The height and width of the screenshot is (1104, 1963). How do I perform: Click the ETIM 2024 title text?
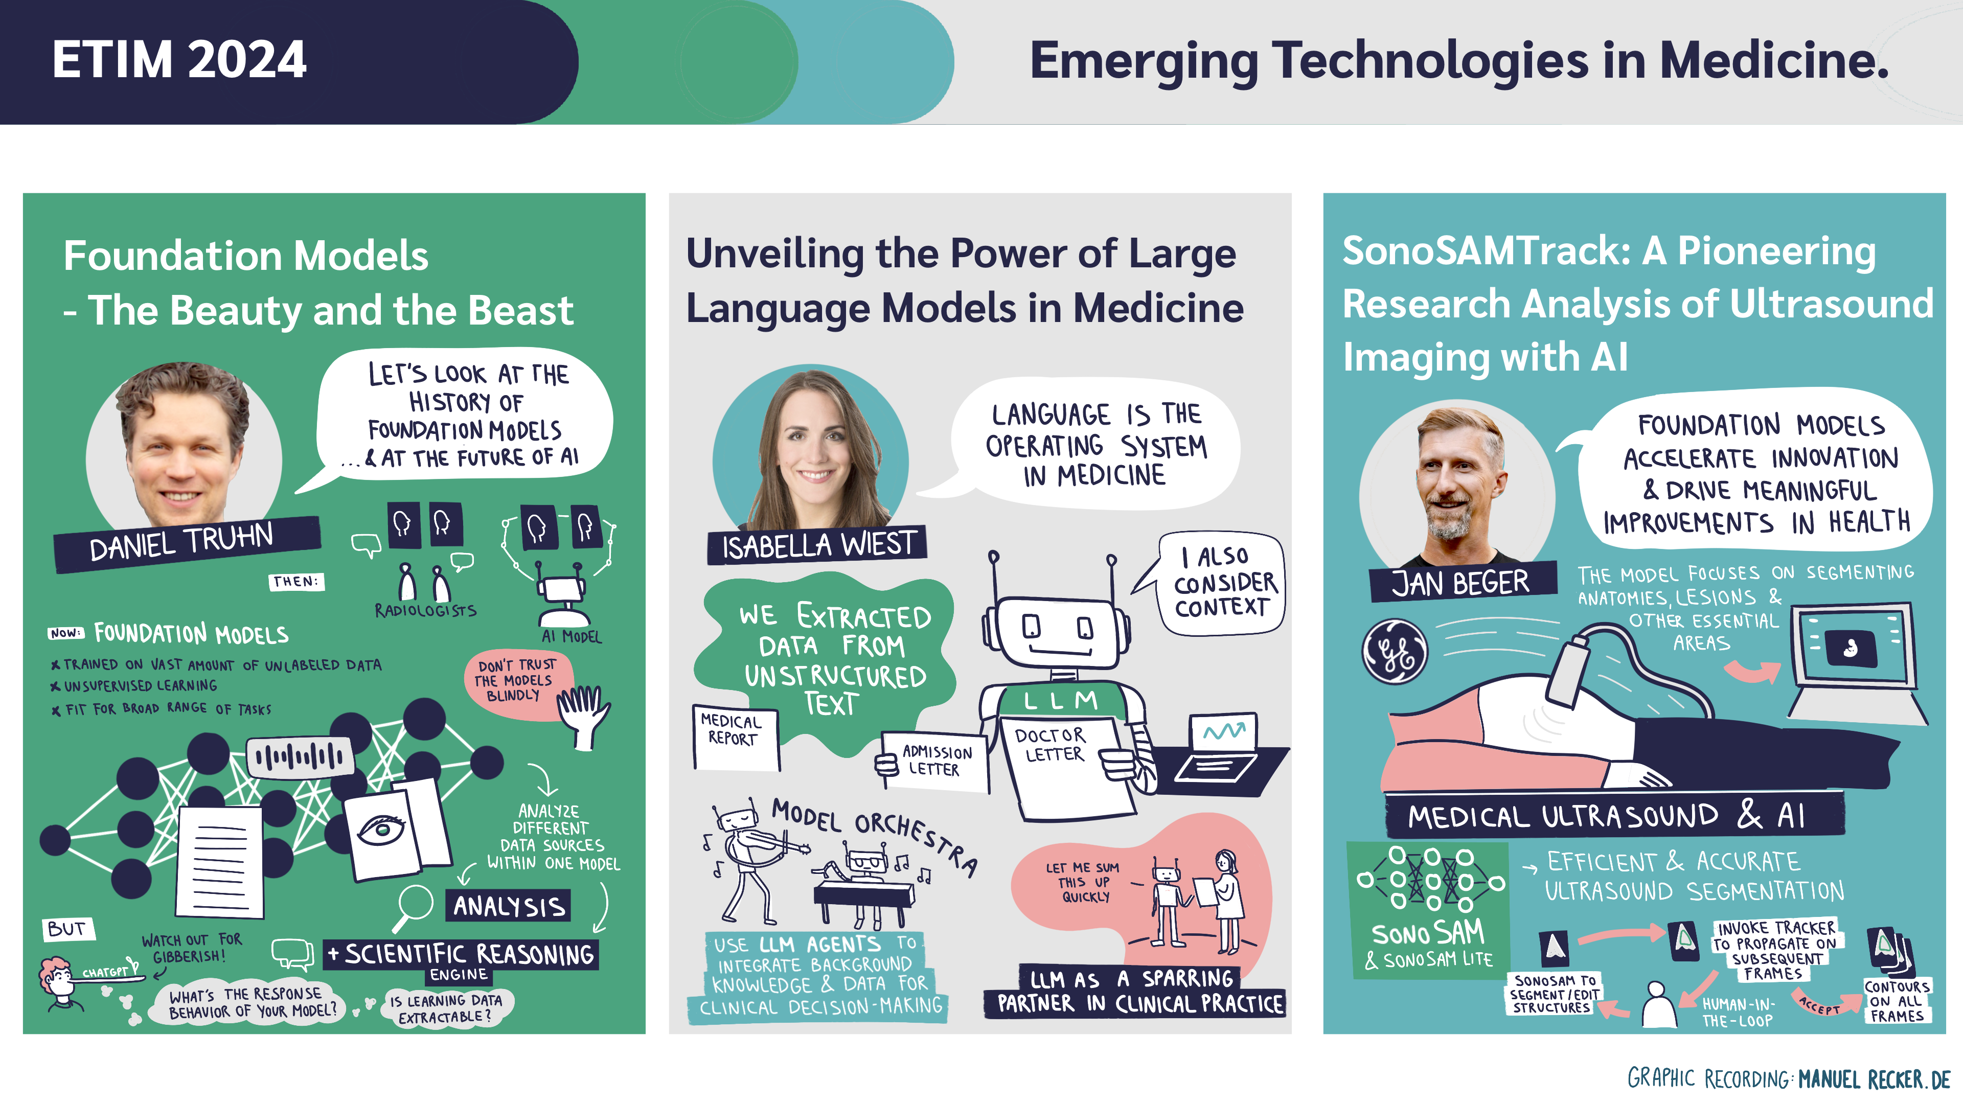pyautogui.click(x=179, y=59)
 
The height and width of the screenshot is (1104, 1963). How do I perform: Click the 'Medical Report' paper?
pyautogui.click(x=736, y=738)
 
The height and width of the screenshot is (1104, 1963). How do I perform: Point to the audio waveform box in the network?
pyautogui.click(x=300, y=756)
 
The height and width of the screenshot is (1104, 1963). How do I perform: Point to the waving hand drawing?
pyautogui.click(x=583, y=714)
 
